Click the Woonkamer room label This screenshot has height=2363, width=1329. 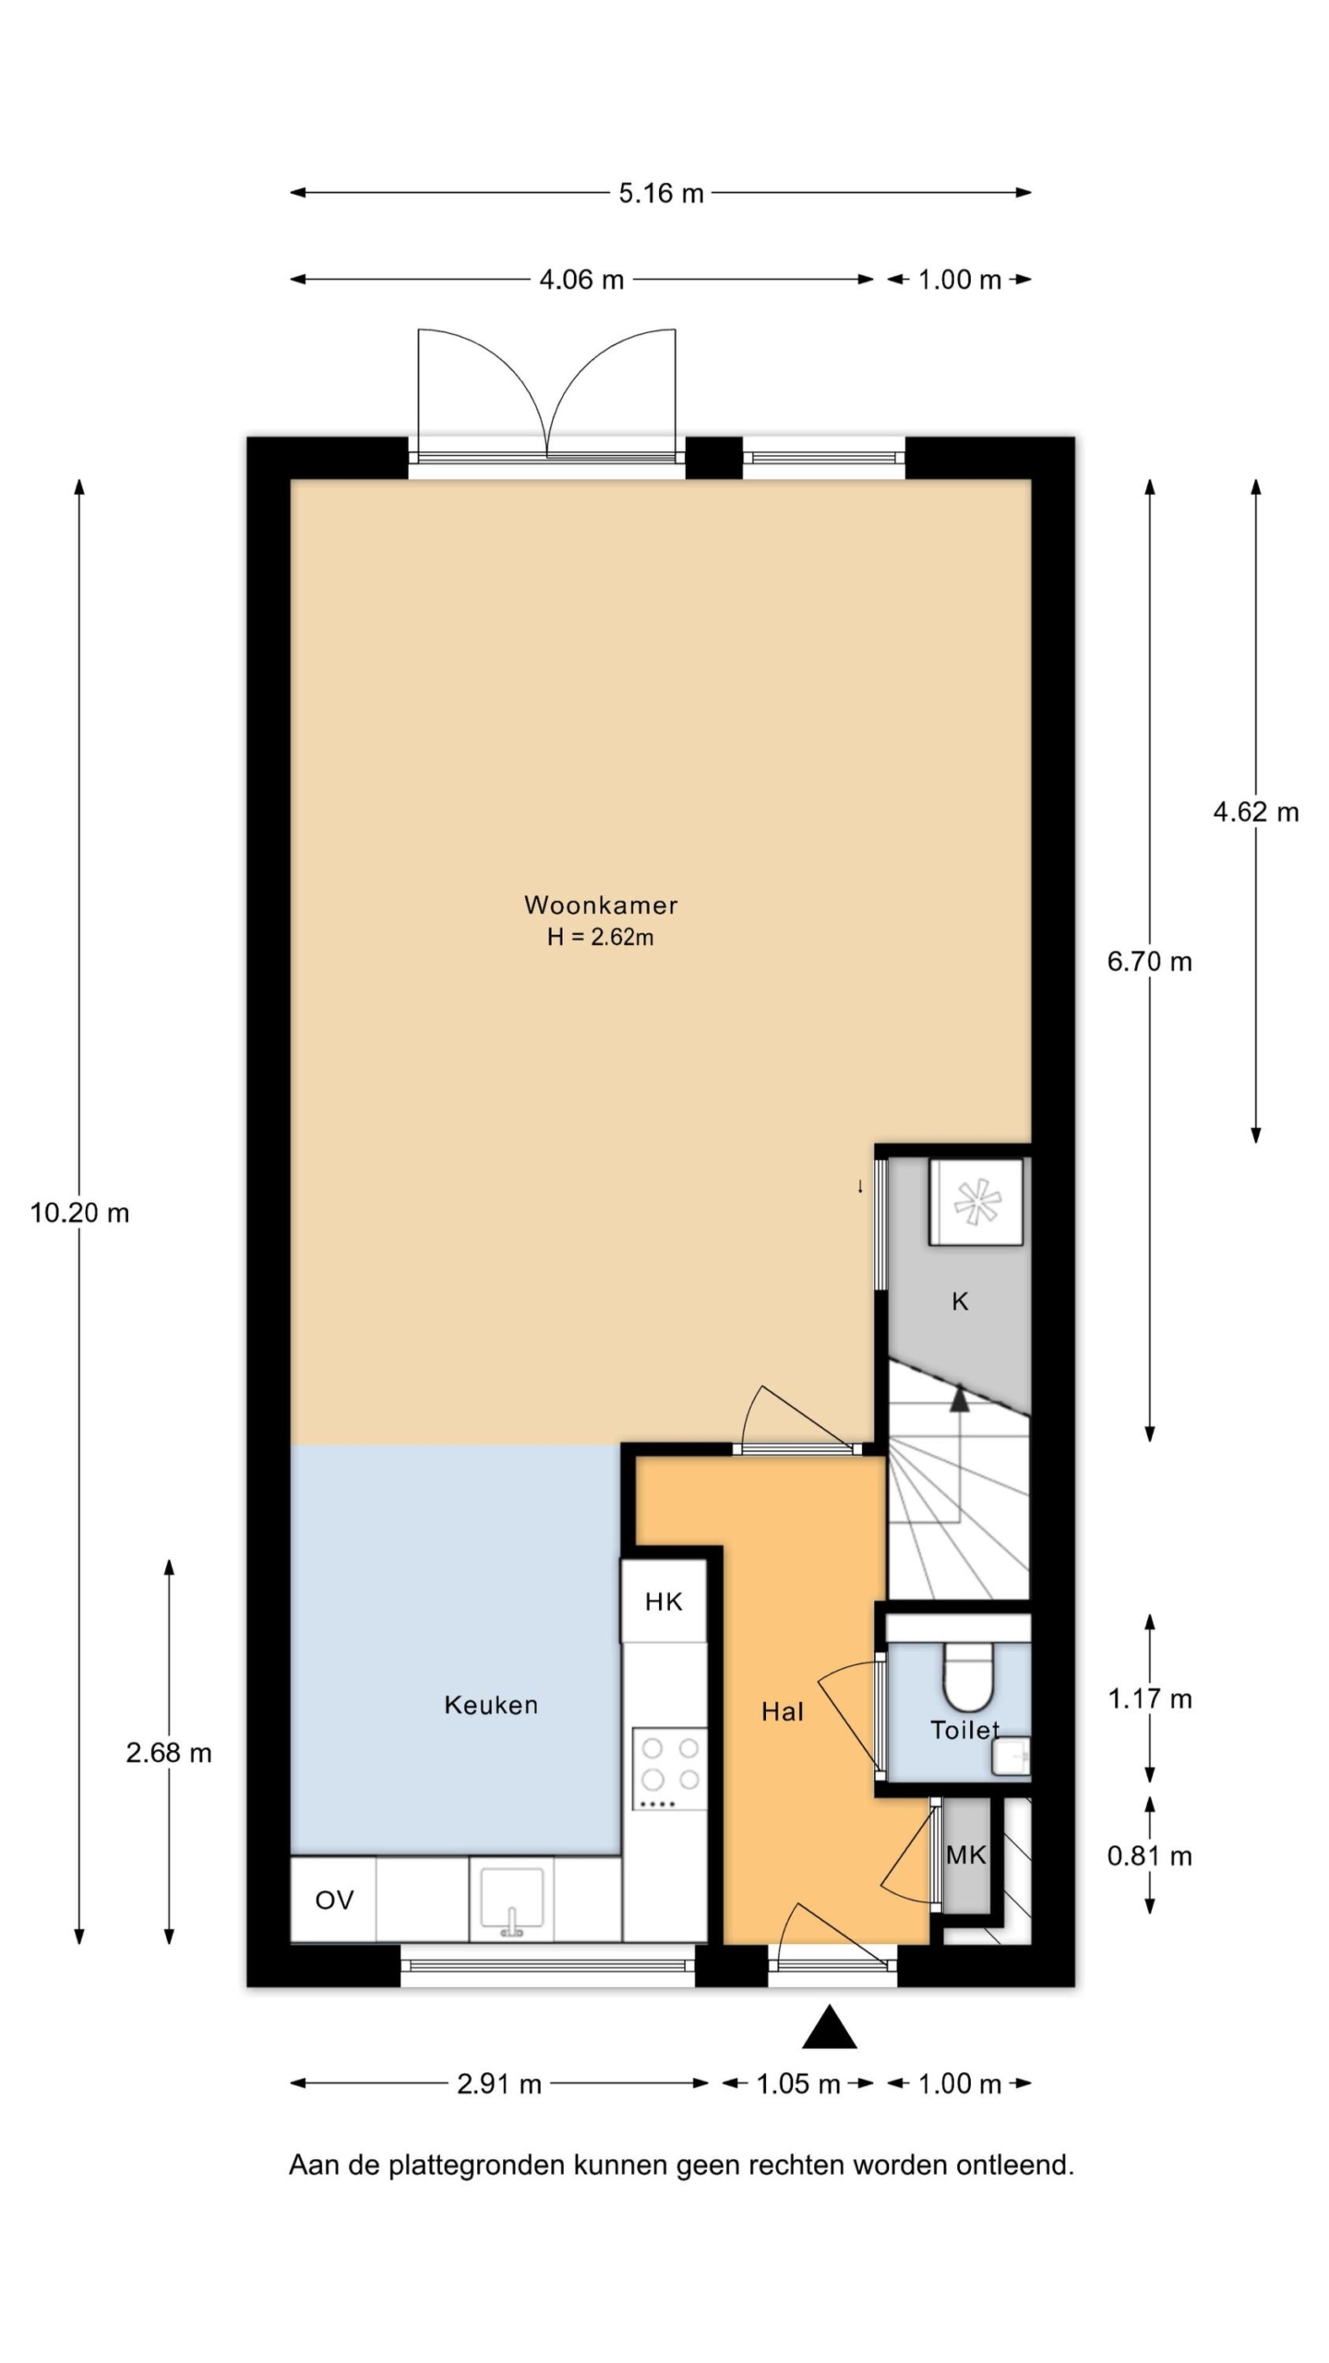(x=601, y=905)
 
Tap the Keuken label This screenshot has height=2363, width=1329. (x=491, y=1705)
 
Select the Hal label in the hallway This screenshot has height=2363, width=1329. (x=782, y=1712)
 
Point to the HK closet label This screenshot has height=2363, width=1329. (x=664, y=1601)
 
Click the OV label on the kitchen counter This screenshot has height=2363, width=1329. (x=334, y=1900)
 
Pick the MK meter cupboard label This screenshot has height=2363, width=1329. (x=965, y=1854)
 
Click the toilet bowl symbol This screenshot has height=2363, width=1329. (x=967, y=1674)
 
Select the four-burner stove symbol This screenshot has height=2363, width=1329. (x=670, y=1769)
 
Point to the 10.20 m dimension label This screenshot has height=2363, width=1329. (x=79, y=1213)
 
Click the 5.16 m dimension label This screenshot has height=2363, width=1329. (x=661, y=193)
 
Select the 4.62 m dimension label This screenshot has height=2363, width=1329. (x=1255, y=812)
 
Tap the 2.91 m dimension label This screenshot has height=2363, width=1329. (x=499, y=2083)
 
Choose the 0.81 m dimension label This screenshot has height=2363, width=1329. (x=1150, y=1855)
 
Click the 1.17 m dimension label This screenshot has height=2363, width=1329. (x=1150, y=1698)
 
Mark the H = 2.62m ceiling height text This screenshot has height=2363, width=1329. (x=600, y=937)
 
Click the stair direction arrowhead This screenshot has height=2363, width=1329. (x=960, y=1398)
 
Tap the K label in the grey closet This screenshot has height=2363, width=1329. (x=960, y=1301)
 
